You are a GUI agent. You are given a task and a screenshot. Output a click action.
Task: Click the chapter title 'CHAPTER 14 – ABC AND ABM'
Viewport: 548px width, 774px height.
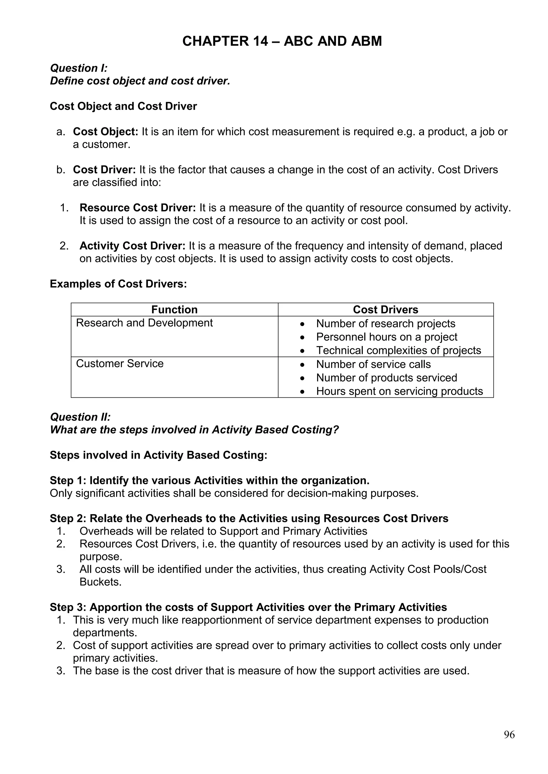pyautogui.click(x=282, y=41)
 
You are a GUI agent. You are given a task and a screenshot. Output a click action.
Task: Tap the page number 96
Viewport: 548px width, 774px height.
pyautogui.click(x=509, y=734)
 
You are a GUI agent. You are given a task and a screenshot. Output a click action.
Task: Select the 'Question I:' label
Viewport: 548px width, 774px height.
pyautogui.click(x=79, y=68)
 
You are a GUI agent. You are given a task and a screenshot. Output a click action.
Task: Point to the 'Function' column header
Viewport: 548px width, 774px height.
pyautogui.click(x=174, y=309)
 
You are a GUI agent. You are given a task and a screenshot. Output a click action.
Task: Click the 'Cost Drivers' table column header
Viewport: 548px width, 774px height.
pyautogui.click(x=385, y=309)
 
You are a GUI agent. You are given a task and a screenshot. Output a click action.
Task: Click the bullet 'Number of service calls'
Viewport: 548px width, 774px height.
pyautogui.click(x=373, y=364)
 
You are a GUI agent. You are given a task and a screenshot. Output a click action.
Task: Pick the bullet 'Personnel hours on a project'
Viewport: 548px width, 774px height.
pyautogui.click(x=386, y=337)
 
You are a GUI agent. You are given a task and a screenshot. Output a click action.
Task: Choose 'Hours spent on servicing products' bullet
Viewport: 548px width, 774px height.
pyautogui.click(x=399, y=391)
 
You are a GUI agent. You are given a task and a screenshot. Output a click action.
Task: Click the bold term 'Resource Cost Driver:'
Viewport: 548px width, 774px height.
pyautogui.click(x=137, y=208)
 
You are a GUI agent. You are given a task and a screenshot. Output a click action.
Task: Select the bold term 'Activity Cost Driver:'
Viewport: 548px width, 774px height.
pyautogui.click(x=132, y=246)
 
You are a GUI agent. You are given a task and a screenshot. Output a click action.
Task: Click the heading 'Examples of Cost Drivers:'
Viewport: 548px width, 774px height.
pyautogui.click(x=118, y=284)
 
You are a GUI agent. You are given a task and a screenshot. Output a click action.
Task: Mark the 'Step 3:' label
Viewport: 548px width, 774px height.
pyautogui.click(x=68, y=607)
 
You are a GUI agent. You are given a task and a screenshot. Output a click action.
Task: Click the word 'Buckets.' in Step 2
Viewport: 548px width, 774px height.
pyautogui.click(x=100, y=582)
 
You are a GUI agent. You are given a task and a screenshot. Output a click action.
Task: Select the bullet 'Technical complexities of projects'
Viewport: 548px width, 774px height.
pyautogui.click(x=398, y=351)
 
